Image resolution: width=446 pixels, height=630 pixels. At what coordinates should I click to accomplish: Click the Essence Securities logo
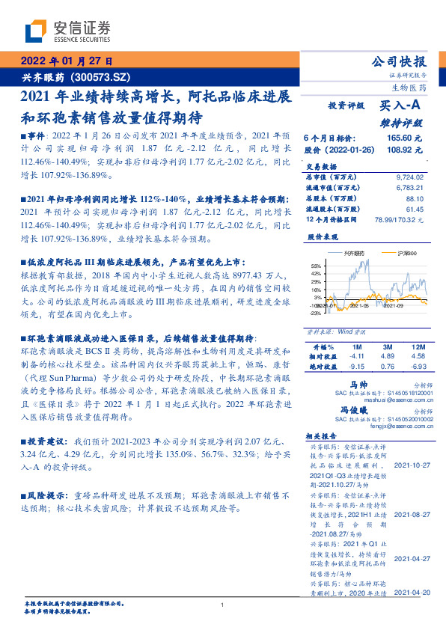(x=68, y=31)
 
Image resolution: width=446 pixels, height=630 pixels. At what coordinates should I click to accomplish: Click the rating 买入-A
(x=403, y=106)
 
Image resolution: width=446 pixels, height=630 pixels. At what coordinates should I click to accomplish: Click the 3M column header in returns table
(x=387, y=347)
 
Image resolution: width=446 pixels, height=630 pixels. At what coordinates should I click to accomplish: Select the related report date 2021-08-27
(x=411, y=516)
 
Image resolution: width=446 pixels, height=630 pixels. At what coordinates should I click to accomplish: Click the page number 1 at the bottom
(x=223, y=605)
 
